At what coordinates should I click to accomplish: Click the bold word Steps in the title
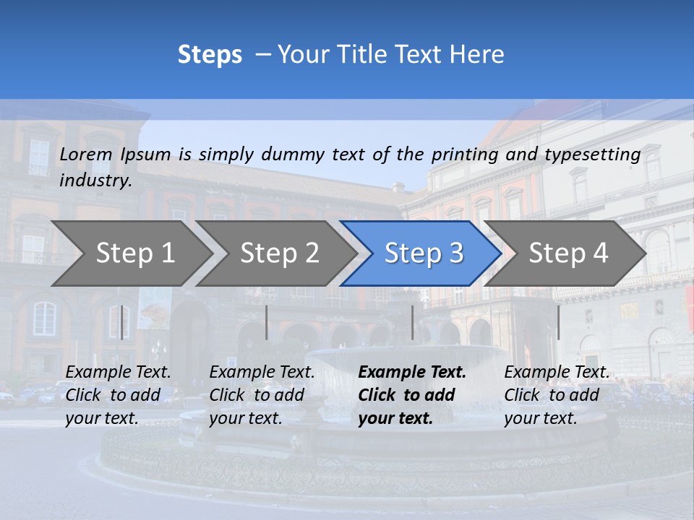[x=210, y=55]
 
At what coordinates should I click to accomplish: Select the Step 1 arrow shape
[x=135, y=253]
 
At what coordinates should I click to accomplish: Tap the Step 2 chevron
[x=279, y=253]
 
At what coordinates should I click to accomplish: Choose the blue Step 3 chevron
[x=424, y=253]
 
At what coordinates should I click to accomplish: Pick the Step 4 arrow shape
[x=568, y=253]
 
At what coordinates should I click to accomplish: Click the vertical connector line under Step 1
[x=121, y=322]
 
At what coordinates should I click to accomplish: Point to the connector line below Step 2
[x=267, y=322]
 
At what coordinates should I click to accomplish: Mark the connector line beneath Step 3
[x=412, y=322]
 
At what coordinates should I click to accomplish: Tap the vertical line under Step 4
[x=558, y=322]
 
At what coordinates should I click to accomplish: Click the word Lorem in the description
[x=86, y=155]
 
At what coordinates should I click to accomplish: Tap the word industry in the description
[x=95, y=181]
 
